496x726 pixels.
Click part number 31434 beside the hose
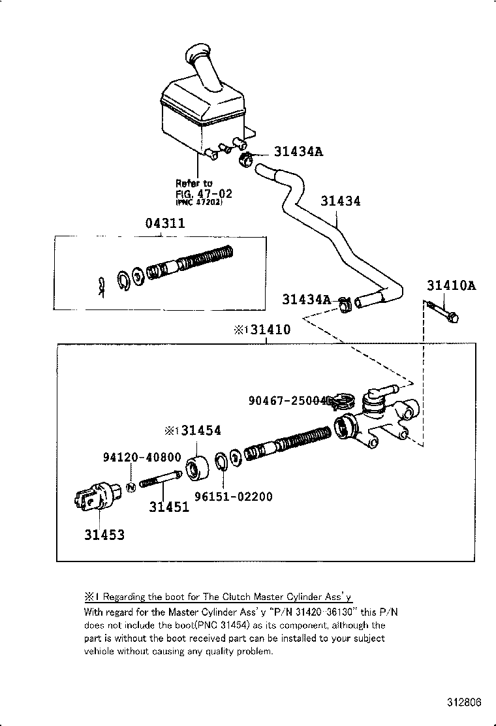[x=340, y=201]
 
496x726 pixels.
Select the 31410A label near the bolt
[x=451, y=285]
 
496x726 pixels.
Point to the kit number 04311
[x=164, y=223]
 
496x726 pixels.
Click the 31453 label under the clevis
[x=104, y=535]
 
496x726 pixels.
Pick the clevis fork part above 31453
[x=95, y=497]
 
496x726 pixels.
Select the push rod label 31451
[x=169, y=506]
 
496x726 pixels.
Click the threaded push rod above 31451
[x=161, y=482]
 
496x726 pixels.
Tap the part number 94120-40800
[x=142, y=457]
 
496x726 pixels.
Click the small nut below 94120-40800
[x=131, y=486]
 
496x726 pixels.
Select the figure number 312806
[x=465, y=702]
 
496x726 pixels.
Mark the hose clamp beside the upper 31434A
[x=247, y=159]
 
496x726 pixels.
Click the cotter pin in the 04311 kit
[x=101, y=286]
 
